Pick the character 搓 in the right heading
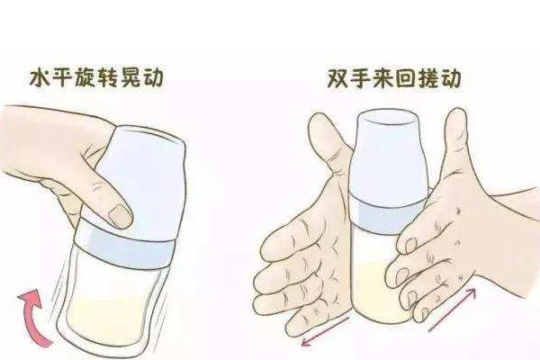424,78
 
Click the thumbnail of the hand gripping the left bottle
117,215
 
